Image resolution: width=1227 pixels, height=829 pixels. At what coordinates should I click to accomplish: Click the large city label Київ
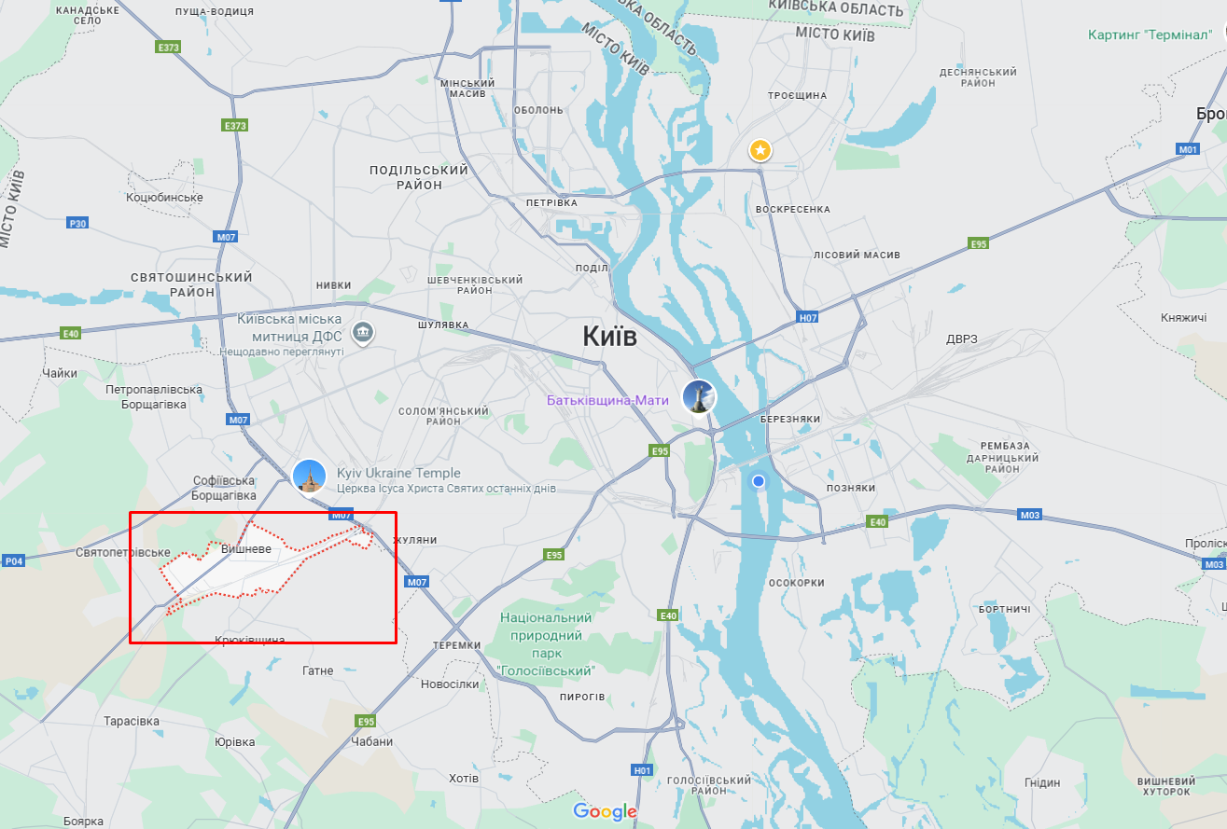click(609, 336)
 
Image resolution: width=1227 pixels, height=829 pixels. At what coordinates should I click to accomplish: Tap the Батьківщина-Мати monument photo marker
click(699, 396)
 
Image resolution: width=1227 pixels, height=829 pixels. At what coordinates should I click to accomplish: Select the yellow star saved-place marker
click(760, 149)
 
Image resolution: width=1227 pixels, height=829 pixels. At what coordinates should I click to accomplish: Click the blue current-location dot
click(759, 481)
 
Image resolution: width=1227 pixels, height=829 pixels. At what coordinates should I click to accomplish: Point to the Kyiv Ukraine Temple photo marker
click(309, 476)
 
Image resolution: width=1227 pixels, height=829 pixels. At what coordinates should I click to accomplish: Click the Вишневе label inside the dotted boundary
click(246, 549)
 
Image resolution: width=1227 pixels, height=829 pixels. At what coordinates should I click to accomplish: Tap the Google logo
click(605, 811)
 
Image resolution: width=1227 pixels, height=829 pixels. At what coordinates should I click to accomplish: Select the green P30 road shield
click(78, 223)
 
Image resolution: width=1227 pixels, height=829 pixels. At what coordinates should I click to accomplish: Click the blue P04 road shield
click(14, 560)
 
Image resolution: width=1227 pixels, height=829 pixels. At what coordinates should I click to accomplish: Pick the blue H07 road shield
click(808, 318)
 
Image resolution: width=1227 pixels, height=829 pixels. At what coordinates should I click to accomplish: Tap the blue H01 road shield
click(642, 770)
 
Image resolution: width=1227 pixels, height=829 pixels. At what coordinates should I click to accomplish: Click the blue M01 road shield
click(1188, 149)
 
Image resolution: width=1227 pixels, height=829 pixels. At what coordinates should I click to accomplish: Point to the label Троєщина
click(797, 96)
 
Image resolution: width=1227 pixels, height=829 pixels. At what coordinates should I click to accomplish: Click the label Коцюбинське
click(164, 198)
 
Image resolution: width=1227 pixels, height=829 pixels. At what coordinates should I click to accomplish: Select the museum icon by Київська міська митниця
click(363, 331)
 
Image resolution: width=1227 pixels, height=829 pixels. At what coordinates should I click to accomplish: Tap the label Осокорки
click(796, 583)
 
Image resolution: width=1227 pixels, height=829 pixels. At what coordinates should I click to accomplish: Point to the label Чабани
click(372, 741)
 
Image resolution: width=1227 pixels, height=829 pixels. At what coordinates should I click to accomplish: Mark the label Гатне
click(318, 670)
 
